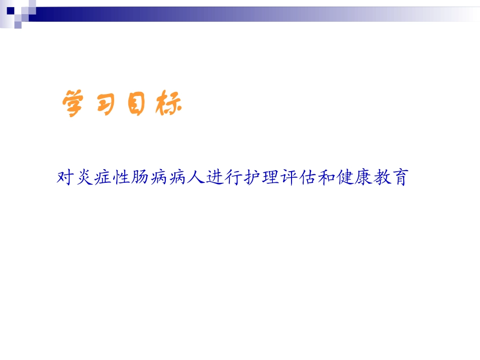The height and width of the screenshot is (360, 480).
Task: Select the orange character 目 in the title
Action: point(136,104)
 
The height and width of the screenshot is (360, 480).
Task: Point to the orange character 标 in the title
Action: point(167,104)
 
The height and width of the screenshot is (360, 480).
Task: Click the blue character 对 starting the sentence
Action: point(66,178)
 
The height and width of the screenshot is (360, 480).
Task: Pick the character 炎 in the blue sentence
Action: point(85,178)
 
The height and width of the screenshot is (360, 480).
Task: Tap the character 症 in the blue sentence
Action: point(103,178)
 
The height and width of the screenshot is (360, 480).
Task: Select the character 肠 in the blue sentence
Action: point(140,178)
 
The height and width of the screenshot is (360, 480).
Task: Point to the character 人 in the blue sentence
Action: point(195,178)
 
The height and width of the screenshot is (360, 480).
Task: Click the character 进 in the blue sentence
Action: point(214,178)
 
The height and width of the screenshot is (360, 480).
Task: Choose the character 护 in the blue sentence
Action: point(251,178)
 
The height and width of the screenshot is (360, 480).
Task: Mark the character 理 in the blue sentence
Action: point(269,178)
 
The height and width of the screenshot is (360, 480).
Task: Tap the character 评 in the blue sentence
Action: point(287,178)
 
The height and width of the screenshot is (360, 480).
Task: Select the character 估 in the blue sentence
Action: point(306,178)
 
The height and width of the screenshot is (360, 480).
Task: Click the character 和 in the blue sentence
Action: point(324,178)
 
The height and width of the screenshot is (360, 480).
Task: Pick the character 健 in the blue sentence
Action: point(343,178)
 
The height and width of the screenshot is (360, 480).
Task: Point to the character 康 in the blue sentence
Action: point(361,178)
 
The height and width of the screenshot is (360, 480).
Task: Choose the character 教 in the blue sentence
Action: point(379,178)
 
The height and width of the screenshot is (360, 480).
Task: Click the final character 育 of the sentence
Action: point(398,178)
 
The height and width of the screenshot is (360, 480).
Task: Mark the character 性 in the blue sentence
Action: point(122,178)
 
